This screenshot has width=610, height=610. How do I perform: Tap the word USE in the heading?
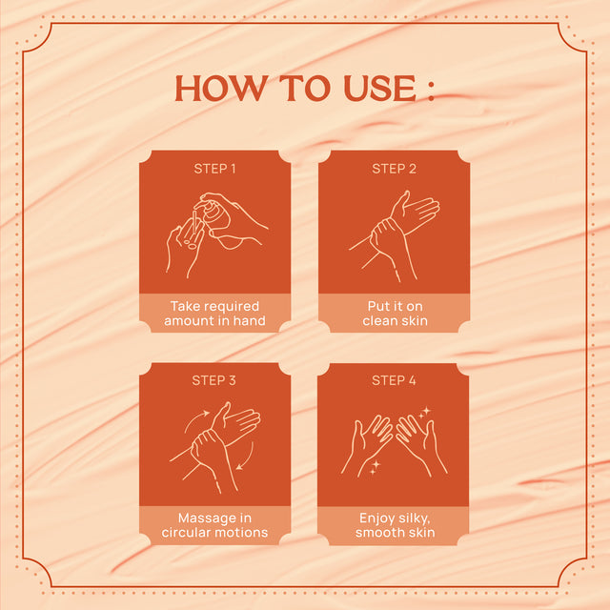point(379,89)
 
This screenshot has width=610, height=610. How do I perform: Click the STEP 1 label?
point(214,169)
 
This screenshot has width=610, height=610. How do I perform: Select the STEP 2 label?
point(394,169)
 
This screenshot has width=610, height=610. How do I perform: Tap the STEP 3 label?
point(213,380)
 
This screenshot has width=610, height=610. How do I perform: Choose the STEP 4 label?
point(394,380)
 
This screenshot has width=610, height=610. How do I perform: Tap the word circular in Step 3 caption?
point(184,533)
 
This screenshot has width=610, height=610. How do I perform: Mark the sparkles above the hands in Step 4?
point(424,413)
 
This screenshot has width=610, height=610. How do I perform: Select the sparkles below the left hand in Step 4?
point(375,467)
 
